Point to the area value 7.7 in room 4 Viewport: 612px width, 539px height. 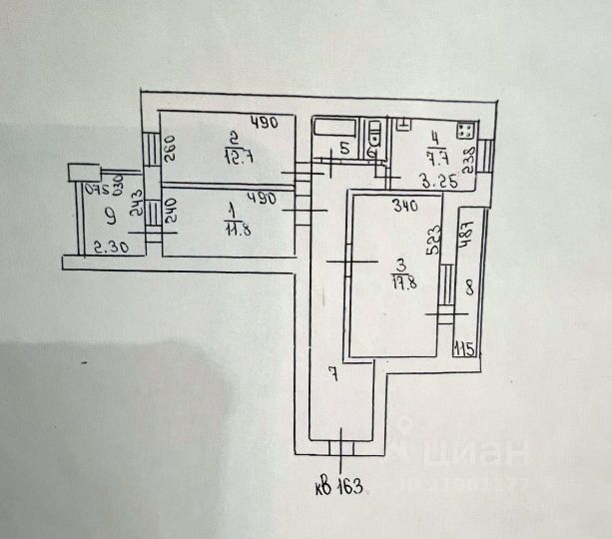(x=437, y=155)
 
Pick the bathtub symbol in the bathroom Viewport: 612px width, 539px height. (x=336, y=128)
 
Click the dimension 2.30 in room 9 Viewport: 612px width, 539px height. (x=108, y=249)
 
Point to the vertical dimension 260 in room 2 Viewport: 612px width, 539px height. (x=170, y=156)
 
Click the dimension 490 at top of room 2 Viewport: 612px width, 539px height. (x=262, y=124)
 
